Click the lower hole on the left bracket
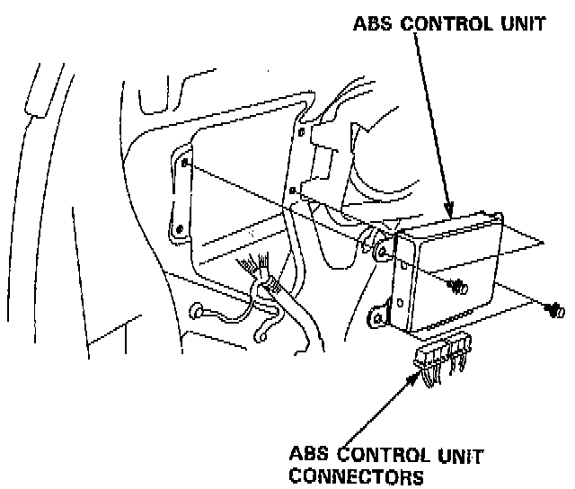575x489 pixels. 180,228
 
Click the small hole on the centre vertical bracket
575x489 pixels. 294,190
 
